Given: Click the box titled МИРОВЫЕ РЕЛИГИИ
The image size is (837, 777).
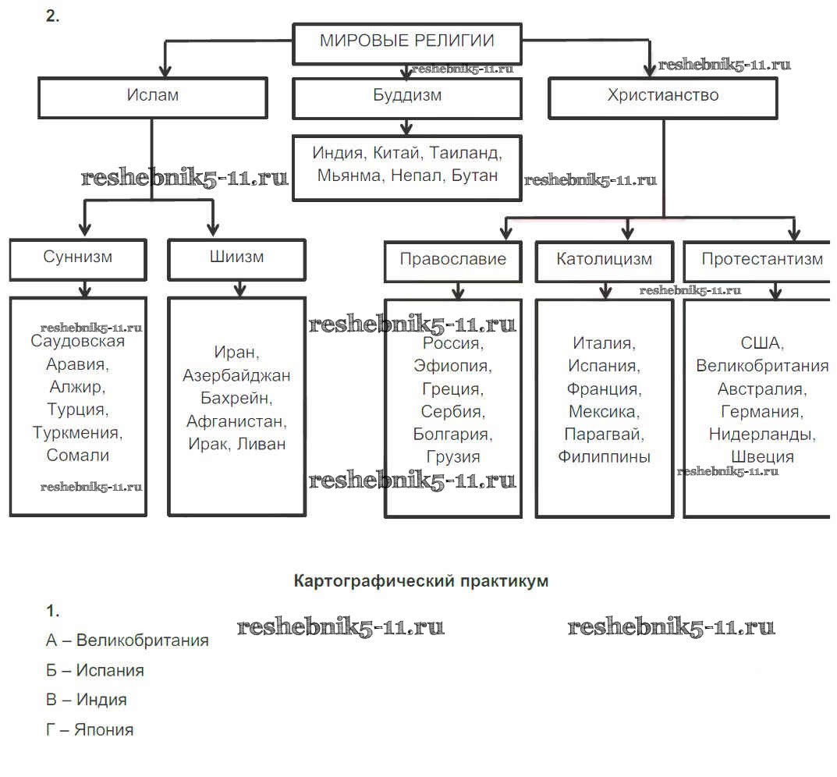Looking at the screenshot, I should coord(406,42).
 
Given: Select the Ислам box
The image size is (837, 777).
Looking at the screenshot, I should coord(153,97).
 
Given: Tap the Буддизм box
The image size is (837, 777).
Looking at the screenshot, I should coord(406,97).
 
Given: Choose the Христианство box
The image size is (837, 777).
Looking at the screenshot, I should coord(663,97).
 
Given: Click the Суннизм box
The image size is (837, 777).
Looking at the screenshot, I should coord(78,257).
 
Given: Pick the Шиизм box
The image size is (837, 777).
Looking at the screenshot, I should coord(237,257).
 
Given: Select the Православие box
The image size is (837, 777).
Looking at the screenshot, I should coord(452,260).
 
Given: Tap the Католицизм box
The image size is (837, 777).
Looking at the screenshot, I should coord(605,260).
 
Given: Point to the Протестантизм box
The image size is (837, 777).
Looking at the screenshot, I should coord(761,260).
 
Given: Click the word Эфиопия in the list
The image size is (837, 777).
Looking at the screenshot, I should coord(452,365).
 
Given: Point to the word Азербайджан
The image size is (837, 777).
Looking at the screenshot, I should coord(236,376).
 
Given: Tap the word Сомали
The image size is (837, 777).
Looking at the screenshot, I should coord(78,455).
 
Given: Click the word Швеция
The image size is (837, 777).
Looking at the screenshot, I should coord(763,457).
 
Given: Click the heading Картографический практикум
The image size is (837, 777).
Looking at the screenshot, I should coord(420,581).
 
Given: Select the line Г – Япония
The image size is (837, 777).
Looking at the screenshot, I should coord(90,730).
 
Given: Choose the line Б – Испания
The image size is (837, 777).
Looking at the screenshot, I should coord(95,670).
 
